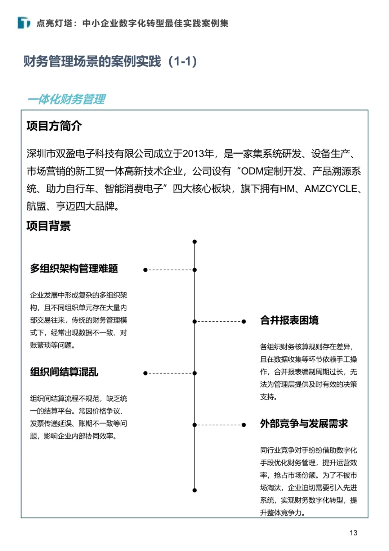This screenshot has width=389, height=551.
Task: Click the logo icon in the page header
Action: pyautogui.click(x=24, y=23)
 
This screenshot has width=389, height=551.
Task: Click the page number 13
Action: pyautogui.click(x=353, y=533)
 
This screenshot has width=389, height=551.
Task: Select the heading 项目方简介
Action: pyautogui.click(x=54, y=126)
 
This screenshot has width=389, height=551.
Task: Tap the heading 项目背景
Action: pyautogui.click(x=49, y=226)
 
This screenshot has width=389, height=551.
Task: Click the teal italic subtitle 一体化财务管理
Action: pyautogui.click(x=67, y=99)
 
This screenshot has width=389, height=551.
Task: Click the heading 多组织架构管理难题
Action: pyautogui.click(x=74, y=268)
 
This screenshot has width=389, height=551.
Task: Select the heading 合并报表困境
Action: pyautogui.click(x=289, y=320)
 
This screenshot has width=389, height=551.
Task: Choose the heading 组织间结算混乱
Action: pyautogui.click(x=64, y=372)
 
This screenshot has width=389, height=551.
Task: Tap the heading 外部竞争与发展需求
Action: pyautogui.click(x=304, y=424)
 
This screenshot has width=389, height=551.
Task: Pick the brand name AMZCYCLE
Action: pyautogui.click(x=331, y=189)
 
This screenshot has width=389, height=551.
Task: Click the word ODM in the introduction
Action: pyautogui.click(x=252, y=171)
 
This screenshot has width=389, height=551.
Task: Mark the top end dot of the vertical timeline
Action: pyautogui.click(x=194, y=241)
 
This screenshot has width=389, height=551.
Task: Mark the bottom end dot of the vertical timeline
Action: pyautogui.click(x=194, y=490)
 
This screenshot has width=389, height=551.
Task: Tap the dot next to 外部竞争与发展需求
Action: pyautogui.click(x=244, y=425)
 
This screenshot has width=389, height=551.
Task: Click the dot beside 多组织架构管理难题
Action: pyautogui.click(x=145, y=270)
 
